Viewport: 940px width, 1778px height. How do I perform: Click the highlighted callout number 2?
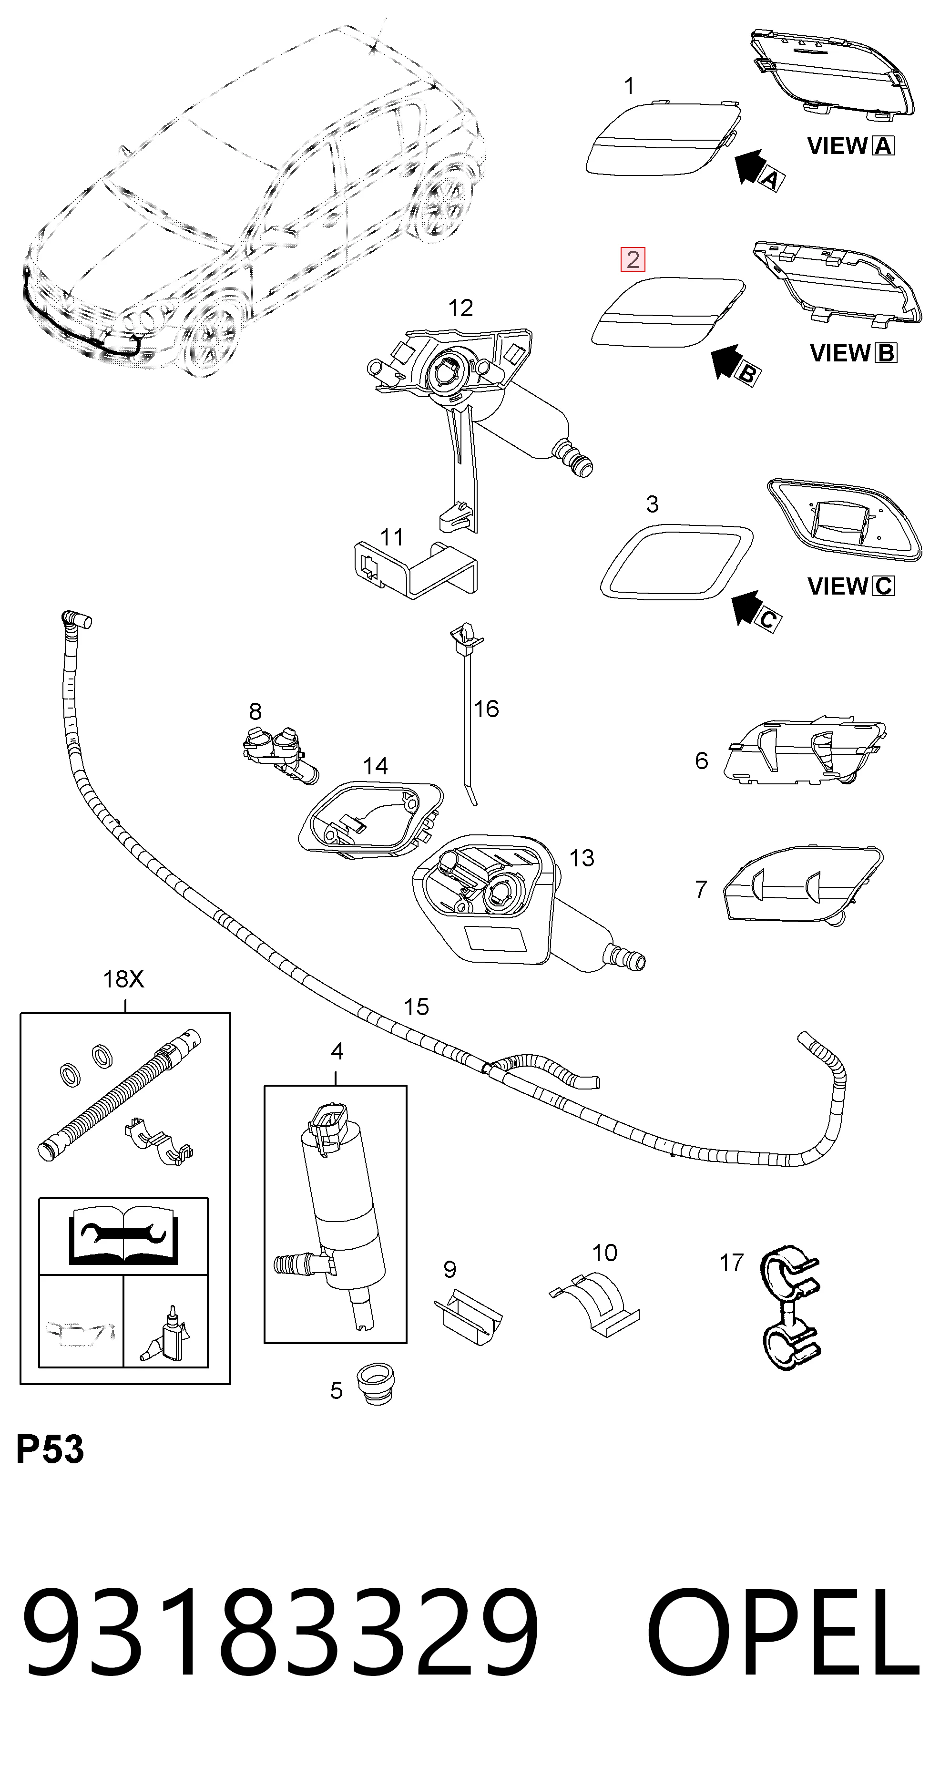pyautogui.click(x=633, y=259)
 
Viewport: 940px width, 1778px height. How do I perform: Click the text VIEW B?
pyautogui.click(x=853, y=353)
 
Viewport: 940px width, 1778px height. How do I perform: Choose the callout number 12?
pyautogui.click(x=460, y=308)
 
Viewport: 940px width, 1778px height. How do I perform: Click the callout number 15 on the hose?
pyautogui.click(x=416, y=1007)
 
